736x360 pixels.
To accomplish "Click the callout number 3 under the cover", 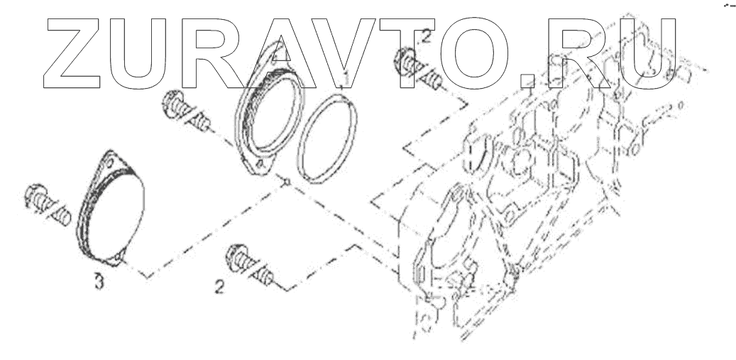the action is [x=99, y=282].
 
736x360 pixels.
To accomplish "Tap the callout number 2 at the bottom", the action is [x=219, y=287].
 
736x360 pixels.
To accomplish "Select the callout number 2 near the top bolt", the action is [x=426, y=37].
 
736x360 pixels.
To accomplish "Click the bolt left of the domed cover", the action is [x=47, y=204].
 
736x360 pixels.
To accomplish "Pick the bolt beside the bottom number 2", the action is [x=249, y=264].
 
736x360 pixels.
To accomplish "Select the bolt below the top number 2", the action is [x=418, y=69].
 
